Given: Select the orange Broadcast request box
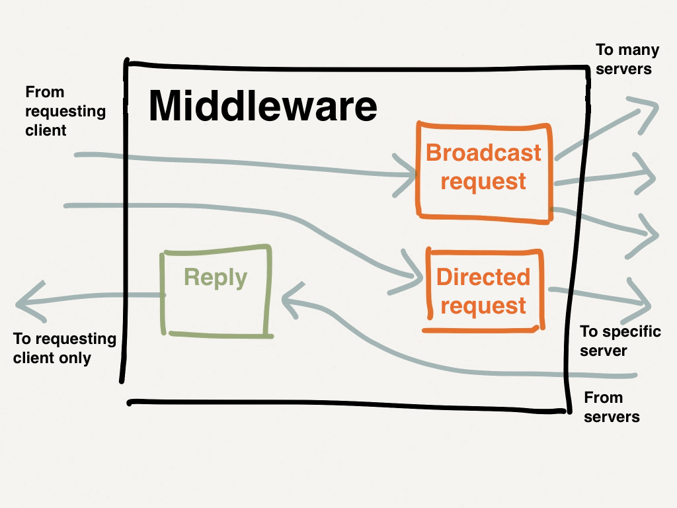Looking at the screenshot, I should pyautogui.click(x=483, y=170).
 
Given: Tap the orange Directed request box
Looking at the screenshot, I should pyautogui.click(x=483, y=291).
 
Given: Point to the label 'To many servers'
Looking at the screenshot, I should pyautogui.click(x=623, y=59).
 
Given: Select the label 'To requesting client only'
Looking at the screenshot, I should pyautogui.click(x=64, y=349).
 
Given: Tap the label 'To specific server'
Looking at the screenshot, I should pyautogui.click(x=619, y=341).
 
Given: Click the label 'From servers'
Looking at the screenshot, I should pyautogui.click(x=612, y=407).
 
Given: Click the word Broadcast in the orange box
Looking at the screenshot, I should pyautogui.click(x=483, y=153).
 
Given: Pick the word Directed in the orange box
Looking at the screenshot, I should pyautogui.click(x=483, y=277).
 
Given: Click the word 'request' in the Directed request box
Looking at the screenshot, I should pyautogui.click(x=483, y=306).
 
